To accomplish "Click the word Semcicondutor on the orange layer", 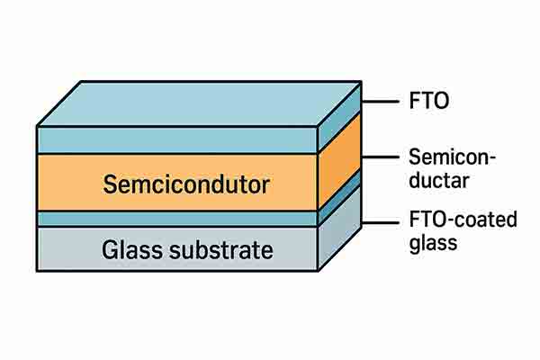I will (x=186, y=186).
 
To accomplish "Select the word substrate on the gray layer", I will (x=222, y=249).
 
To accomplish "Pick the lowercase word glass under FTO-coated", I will (x=430, y=242).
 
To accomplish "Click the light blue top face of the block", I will (x=198, y=103).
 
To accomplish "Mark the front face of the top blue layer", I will (x=176, y=140).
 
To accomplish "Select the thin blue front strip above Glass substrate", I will (x=176, y=219).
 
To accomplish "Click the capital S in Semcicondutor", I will (x=110, y=186).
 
